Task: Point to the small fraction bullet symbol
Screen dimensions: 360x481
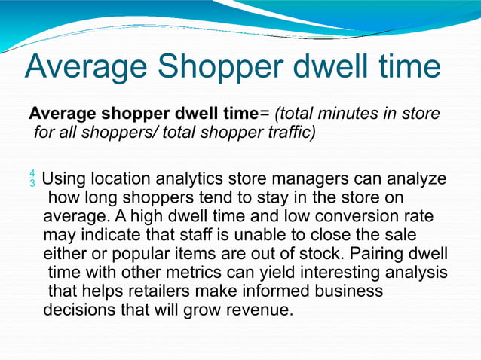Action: point(32,181)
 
